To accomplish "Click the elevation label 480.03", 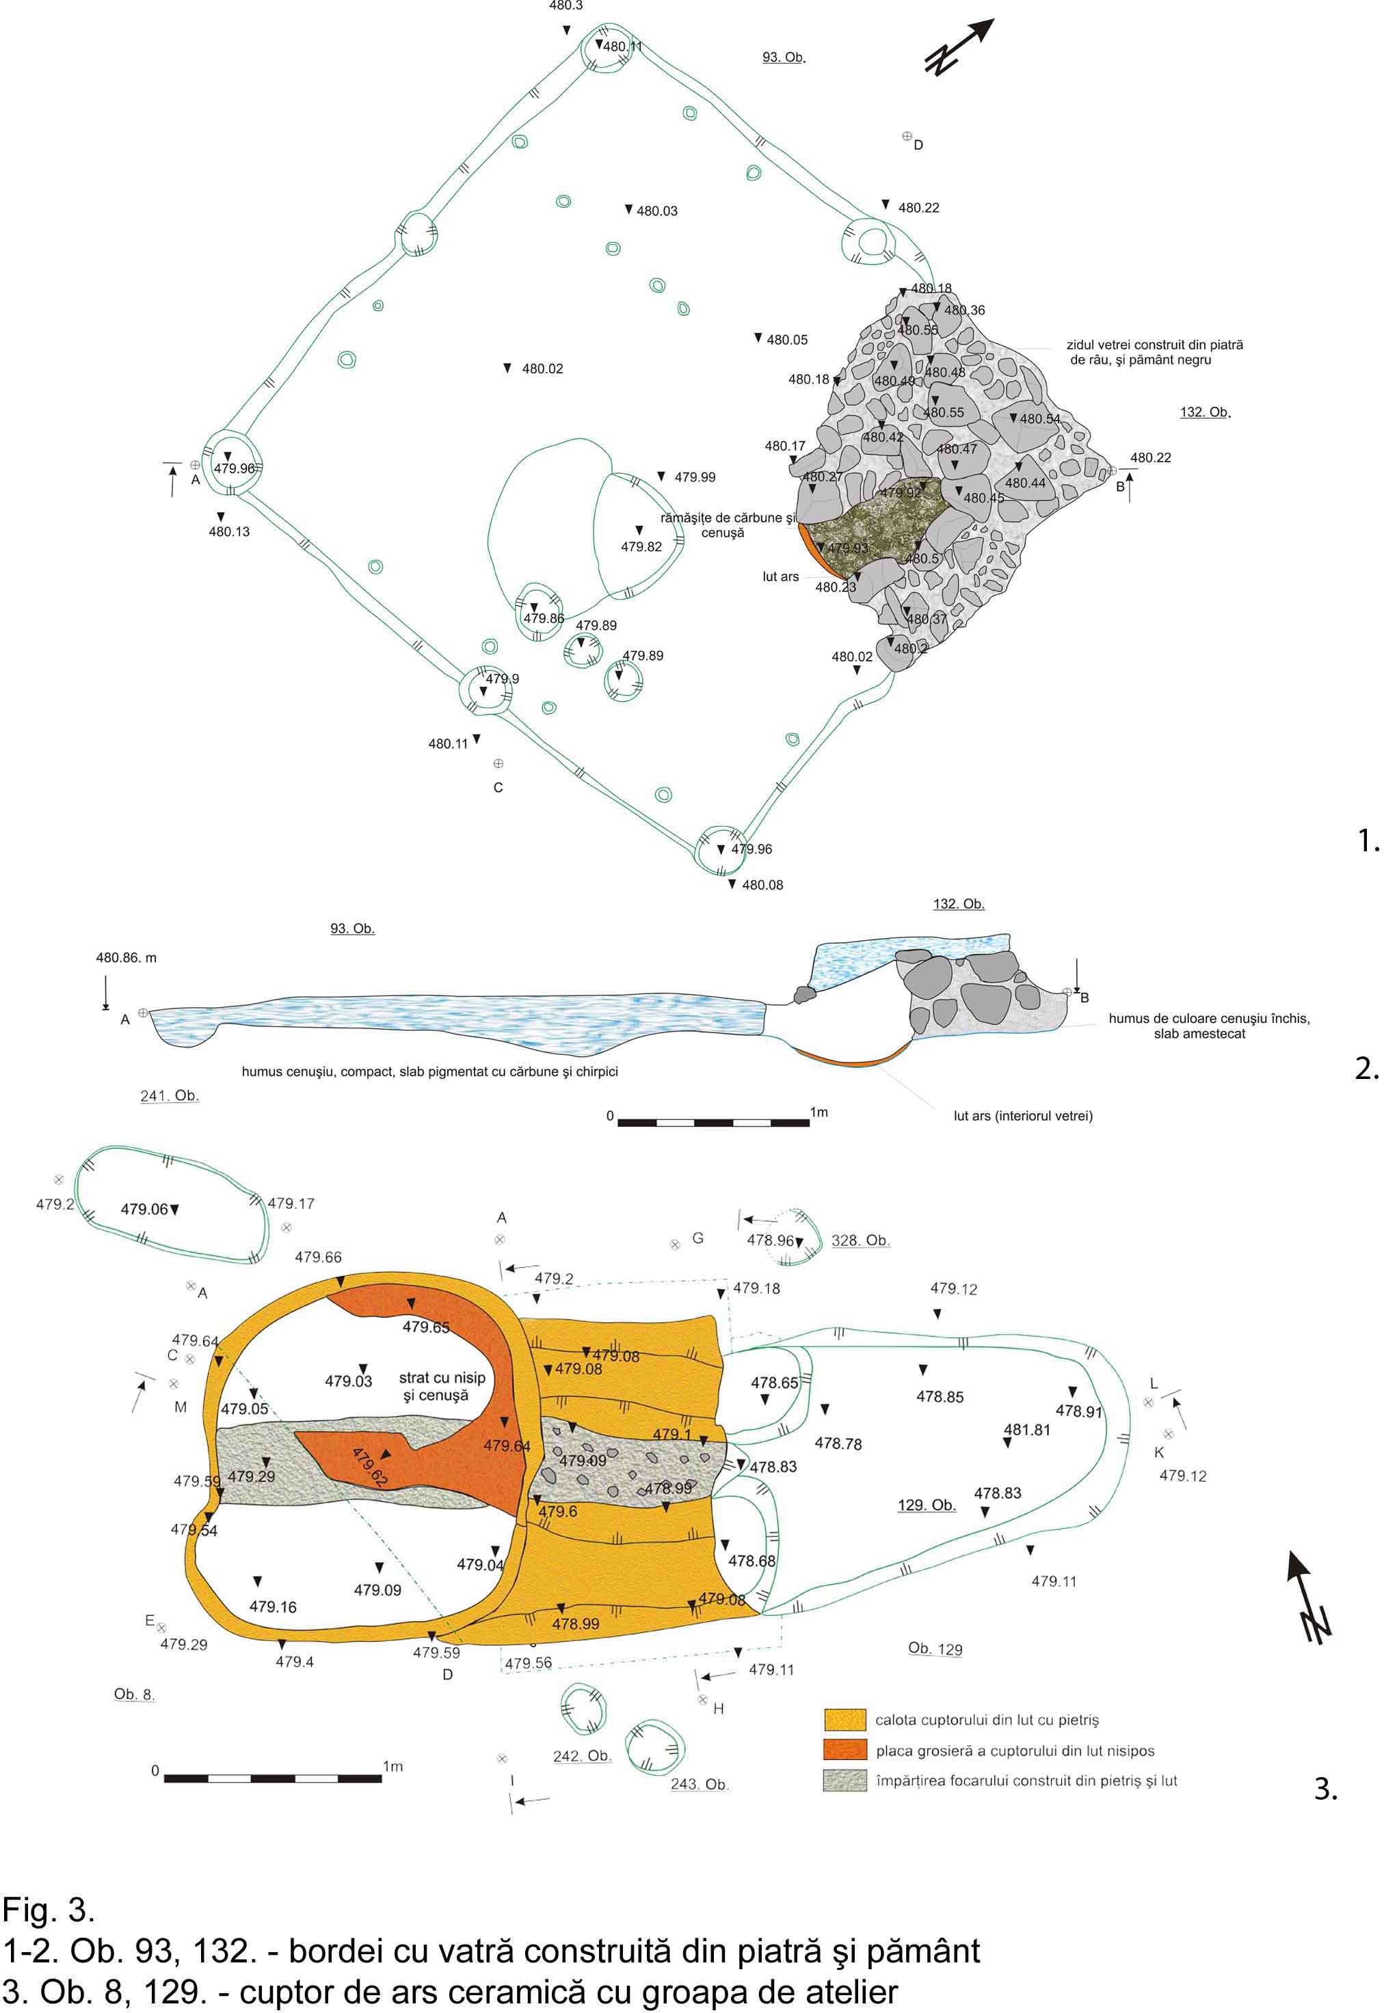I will point(656,211).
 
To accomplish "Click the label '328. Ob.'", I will point(860,1240).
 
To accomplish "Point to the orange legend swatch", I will point(844,1750).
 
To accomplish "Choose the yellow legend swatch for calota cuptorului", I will point(844,1719).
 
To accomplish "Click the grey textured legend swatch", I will point(844,1780).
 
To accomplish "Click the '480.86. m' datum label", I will point(126,958).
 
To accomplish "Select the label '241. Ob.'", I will point(170,1096).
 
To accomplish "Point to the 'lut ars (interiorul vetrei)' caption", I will point(1022,1116).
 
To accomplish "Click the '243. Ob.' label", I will point(699,1784).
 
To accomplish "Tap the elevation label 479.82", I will point(641,547).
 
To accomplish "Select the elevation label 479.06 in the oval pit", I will point(144,1210).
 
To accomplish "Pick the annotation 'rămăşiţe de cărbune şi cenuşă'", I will point(727,525).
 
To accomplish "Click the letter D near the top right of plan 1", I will point(918,146).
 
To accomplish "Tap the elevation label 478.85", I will point(940,1397).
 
